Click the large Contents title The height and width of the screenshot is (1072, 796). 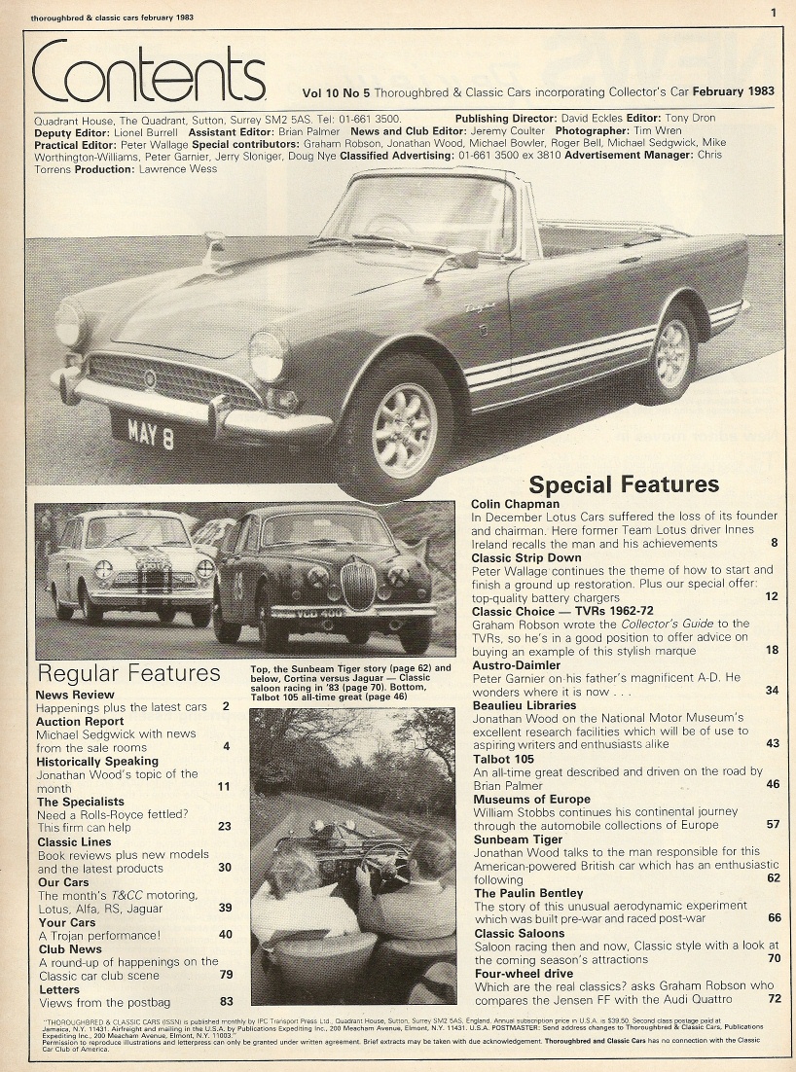(x=148, y=74)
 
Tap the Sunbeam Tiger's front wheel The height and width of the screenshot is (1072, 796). (x=403, y=429)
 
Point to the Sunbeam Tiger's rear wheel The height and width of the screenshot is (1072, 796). (x=672, y=352)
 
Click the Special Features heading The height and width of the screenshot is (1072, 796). (x=624, y=484)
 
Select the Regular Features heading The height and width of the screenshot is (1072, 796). (x=128, y=672)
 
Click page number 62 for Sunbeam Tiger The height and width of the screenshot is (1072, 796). (x=773, y=877)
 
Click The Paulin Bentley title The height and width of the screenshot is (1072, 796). (x=528, y=892)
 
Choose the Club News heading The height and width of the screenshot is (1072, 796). (x=70, y=948)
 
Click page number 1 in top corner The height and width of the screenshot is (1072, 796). (x=772, y=13)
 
